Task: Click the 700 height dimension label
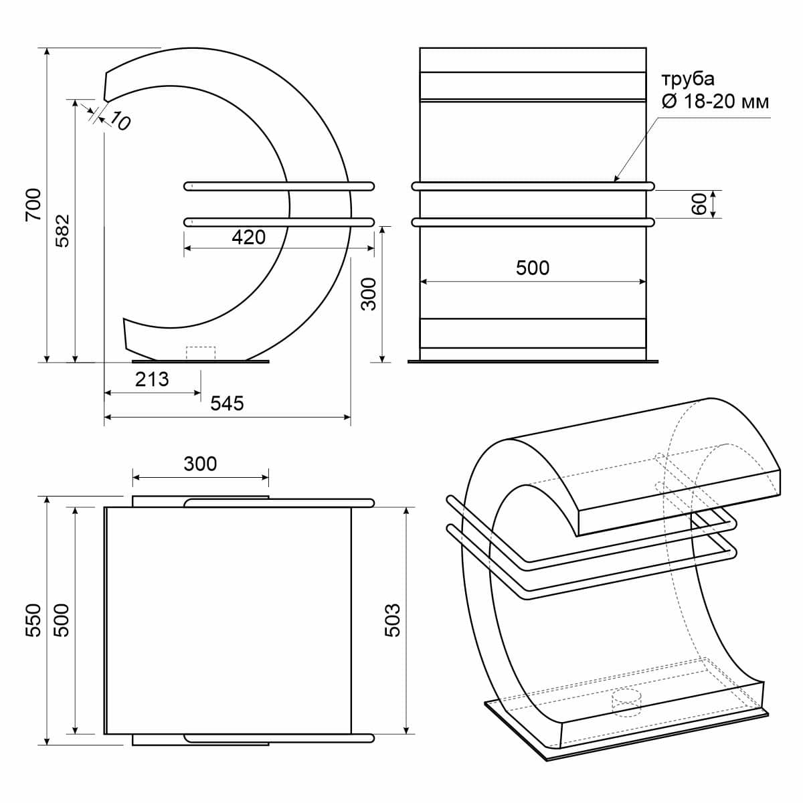(x=33, y=205)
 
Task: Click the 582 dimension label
(x=62, y=231)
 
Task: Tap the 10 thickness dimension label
(x=120, y=121)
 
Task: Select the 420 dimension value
(x=249, y=237)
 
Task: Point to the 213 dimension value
(x=152, y=379)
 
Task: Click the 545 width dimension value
(x=227, y=403)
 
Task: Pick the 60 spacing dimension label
(x=699, y=204)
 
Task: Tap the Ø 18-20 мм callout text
(x=715, y=102)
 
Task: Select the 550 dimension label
(x=33, y=620)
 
